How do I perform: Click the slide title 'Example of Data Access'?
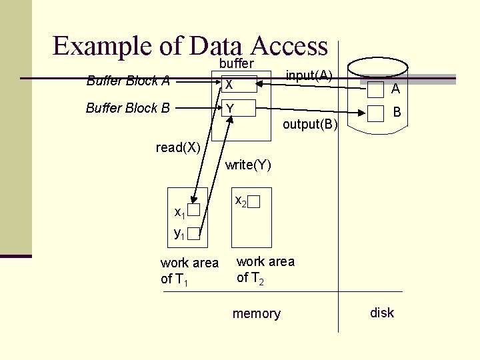190,46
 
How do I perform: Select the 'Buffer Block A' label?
128,81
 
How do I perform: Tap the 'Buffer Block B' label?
128,108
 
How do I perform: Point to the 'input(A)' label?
309,74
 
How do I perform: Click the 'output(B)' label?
310,124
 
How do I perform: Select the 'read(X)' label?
178,147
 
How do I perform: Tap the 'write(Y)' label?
248,165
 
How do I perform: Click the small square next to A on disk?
377,89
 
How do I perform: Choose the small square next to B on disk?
377,115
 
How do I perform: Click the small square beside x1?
193,211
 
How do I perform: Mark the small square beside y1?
193,233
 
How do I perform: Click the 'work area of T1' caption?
189,271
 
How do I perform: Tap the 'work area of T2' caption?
265,269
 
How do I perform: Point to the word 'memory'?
256,313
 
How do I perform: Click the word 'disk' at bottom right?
382,312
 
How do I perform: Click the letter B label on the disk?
396,113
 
